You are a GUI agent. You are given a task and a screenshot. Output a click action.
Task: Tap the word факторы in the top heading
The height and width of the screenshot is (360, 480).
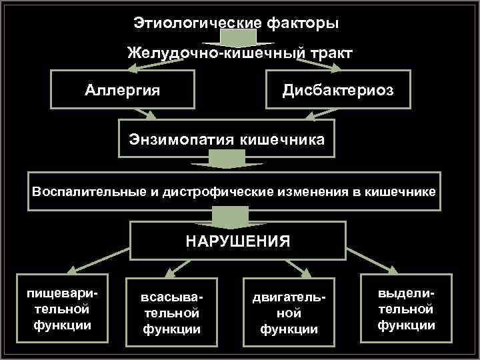pos(303,23)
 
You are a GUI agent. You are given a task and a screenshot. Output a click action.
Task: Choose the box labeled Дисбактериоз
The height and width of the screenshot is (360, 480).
pos(338,89)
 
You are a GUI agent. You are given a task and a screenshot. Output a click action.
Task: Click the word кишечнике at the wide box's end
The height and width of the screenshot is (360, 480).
pos(400,192)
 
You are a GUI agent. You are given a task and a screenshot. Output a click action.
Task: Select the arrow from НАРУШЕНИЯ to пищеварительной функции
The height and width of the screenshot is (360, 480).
pos(101,259)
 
